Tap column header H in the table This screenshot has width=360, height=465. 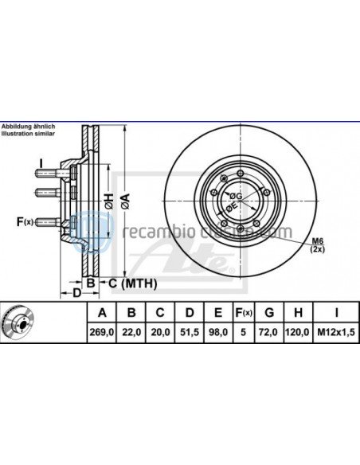tap(299, 312)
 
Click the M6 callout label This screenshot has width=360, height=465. tap(317, 241)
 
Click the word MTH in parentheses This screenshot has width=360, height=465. tap(140, 283)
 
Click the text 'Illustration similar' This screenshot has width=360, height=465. tap(27, 135)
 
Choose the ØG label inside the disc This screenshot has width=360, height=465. tap(236, 194)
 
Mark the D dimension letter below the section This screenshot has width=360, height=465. tap(76, 294)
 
